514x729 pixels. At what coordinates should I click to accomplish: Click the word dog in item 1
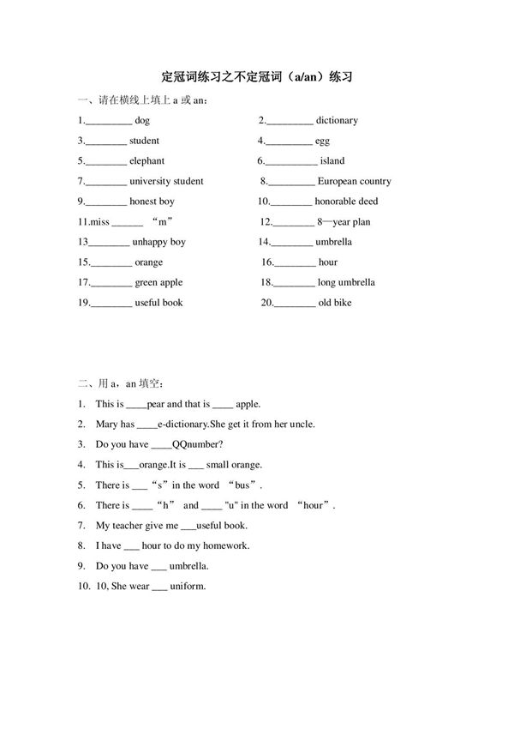tap(142, 121)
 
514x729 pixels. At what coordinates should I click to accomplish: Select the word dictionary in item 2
tap(337, 121)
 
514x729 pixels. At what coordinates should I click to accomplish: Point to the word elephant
tap(146, 161)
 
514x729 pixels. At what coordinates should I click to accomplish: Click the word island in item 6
tap(332, 161)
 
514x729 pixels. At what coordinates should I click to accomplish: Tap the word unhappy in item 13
tap(150, 243)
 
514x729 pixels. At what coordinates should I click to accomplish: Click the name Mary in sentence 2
tap(107, 424)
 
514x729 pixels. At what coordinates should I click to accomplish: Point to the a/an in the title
tap(305, 77)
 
